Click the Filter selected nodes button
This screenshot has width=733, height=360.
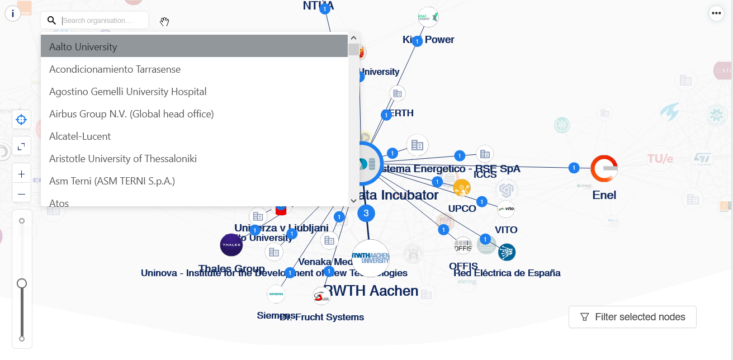632,317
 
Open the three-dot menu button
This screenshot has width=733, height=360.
716,13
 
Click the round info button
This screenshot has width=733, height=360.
13,13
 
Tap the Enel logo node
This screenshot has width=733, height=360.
604,169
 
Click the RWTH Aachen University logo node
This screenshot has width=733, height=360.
370,258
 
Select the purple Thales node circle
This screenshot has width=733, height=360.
231,245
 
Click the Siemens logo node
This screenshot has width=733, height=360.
276,293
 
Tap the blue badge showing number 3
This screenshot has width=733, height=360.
366,212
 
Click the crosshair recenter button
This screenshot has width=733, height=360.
22,120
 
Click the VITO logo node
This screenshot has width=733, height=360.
506,209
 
